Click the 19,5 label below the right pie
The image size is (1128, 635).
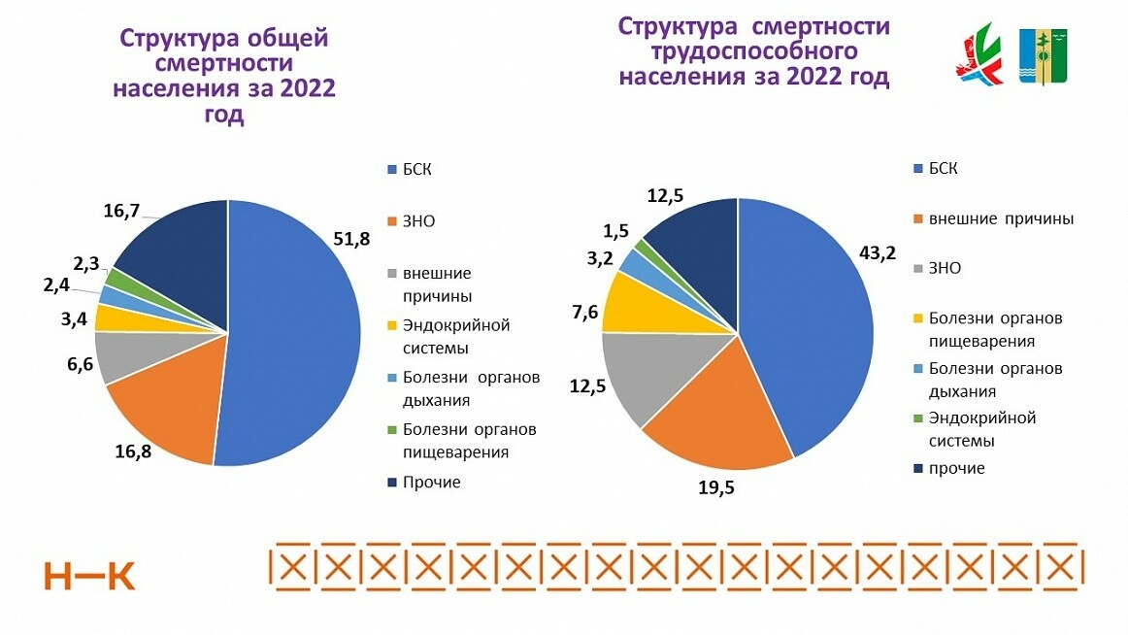click(x=716, y=488)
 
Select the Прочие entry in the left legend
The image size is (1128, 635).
click(x=433, y=482)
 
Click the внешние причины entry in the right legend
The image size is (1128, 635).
click(x=1001, y=218)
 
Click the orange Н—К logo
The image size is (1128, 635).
click(x=89, y=576)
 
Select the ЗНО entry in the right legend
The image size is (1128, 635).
click(x=945, y=267)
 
